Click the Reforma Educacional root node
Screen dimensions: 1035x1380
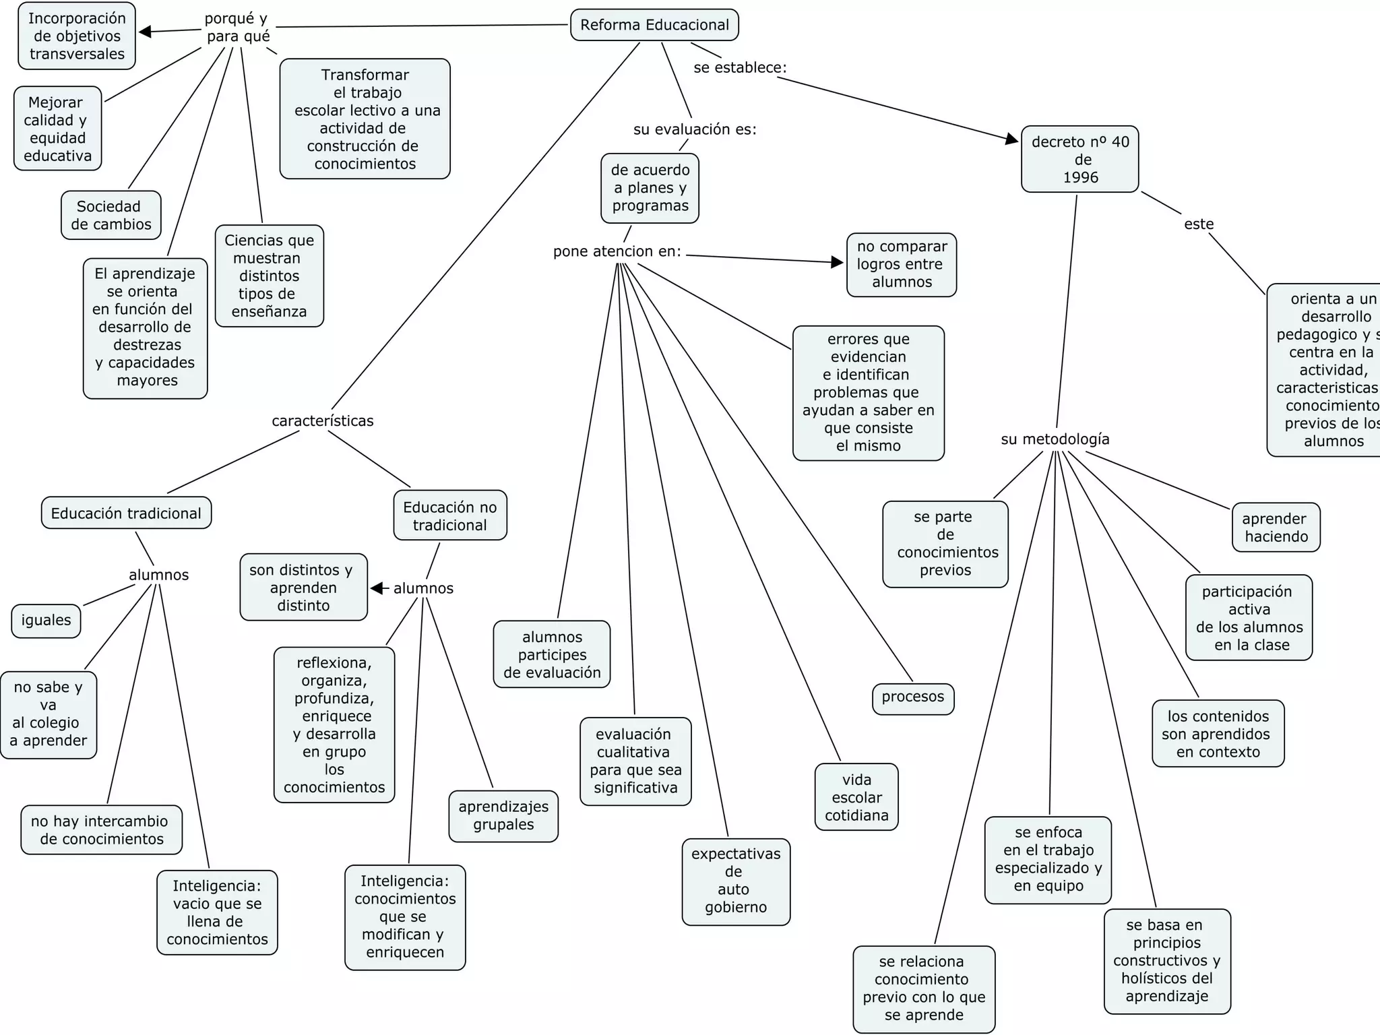pos(654,25)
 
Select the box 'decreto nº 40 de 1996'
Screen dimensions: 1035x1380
pos(1079,159)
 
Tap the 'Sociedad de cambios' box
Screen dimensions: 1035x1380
pos(111,215)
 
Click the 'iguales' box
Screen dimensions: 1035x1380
pos(46,621)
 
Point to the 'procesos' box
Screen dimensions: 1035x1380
pos(913,697)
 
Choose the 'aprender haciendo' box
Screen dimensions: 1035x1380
pos(1276,528)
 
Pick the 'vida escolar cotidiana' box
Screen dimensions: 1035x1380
pos(856,797)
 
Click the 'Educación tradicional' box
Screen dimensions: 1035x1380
pos(126,513)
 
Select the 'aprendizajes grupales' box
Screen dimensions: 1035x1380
pos(503,816)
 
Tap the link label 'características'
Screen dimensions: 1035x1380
pos(322,421)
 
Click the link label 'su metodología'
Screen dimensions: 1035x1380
pos(1055,439)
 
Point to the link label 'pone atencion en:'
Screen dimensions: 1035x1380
pos(617,251)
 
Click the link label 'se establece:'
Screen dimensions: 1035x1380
pos(740,68)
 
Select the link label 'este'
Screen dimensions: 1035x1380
pos(1199,224)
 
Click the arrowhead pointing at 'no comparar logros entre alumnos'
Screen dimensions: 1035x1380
pos(838,262)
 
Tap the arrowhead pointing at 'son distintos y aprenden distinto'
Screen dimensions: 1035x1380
pos(377,588)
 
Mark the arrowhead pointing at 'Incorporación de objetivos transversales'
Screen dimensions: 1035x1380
pos(145,32)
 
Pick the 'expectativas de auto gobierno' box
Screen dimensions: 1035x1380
pos(736,881)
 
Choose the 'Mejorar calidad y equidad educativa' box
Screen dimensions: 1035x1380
pos(58,129)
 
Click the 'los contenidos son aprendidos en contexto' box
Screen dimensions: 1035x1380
pos(1218,734)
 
